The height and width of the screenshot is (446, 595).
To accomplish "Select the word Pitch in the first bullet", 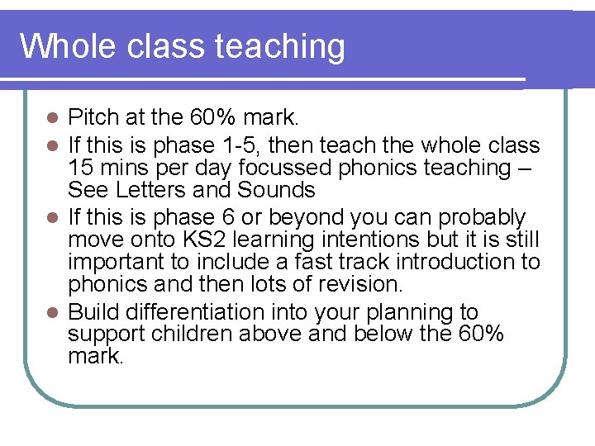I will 93,116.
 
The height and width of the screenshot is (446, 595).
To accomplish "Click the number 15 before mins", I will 80,168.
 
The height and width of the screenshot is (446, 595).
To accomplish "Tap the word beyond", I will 297,218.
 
